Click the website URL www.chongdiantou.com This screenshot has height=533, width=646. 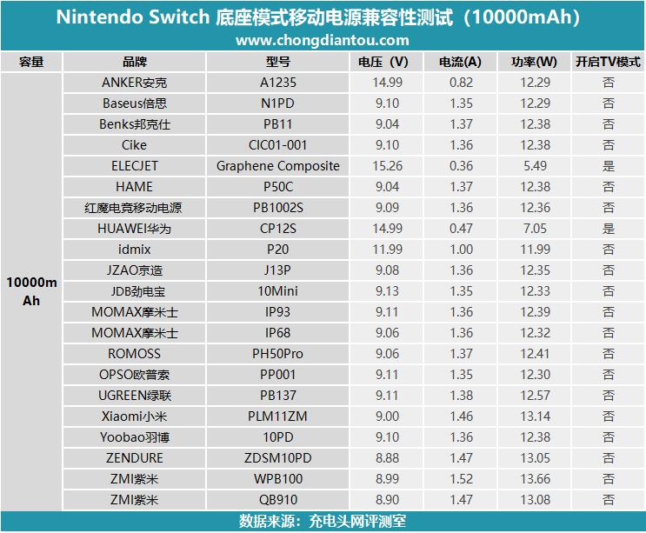tap(323, 40)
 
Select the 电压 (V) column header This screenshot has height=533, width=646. tap(383, 62)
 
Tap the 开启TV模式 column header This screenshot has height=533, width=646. tap(608, 62)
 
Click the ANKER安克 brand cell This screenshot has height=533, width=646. tap(134, 83)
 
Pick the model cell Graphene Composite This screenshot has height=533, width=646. tap(278, 166)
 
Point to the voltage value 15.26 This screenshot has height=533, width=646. tap(387, 166)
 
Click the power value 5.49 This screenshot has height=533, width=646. tap(535, 166)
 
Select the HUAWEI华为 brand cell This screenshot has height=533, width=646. tap(134, 229)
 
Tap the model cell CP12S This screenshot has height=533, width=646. tap(278, 229)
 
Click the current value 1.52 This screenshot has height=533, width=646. tap(461, 479)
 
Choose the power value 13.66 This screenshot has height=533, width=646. tap(535, 479)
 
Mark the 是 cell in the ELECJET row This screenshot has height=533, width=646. tap(609, 166)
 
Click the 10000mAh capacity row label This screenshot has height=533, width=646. tap(31, 291)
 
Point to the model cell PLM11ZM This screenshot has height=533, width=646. tap(278, 416)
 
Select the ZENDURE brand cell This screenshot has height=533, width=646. tap(134, 458)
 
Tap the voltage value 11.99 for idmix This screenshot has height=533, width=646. tap(387, 250)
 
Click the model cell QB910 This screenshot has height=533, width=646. tap(278, 500)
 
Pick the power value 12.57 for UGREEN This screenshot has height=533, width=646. tap(535, 396)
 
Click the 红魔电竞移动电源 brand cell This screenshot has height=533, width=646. tap(134, 208)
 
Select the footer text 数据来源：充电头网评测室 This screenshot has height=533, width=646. tap(323, 522)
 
